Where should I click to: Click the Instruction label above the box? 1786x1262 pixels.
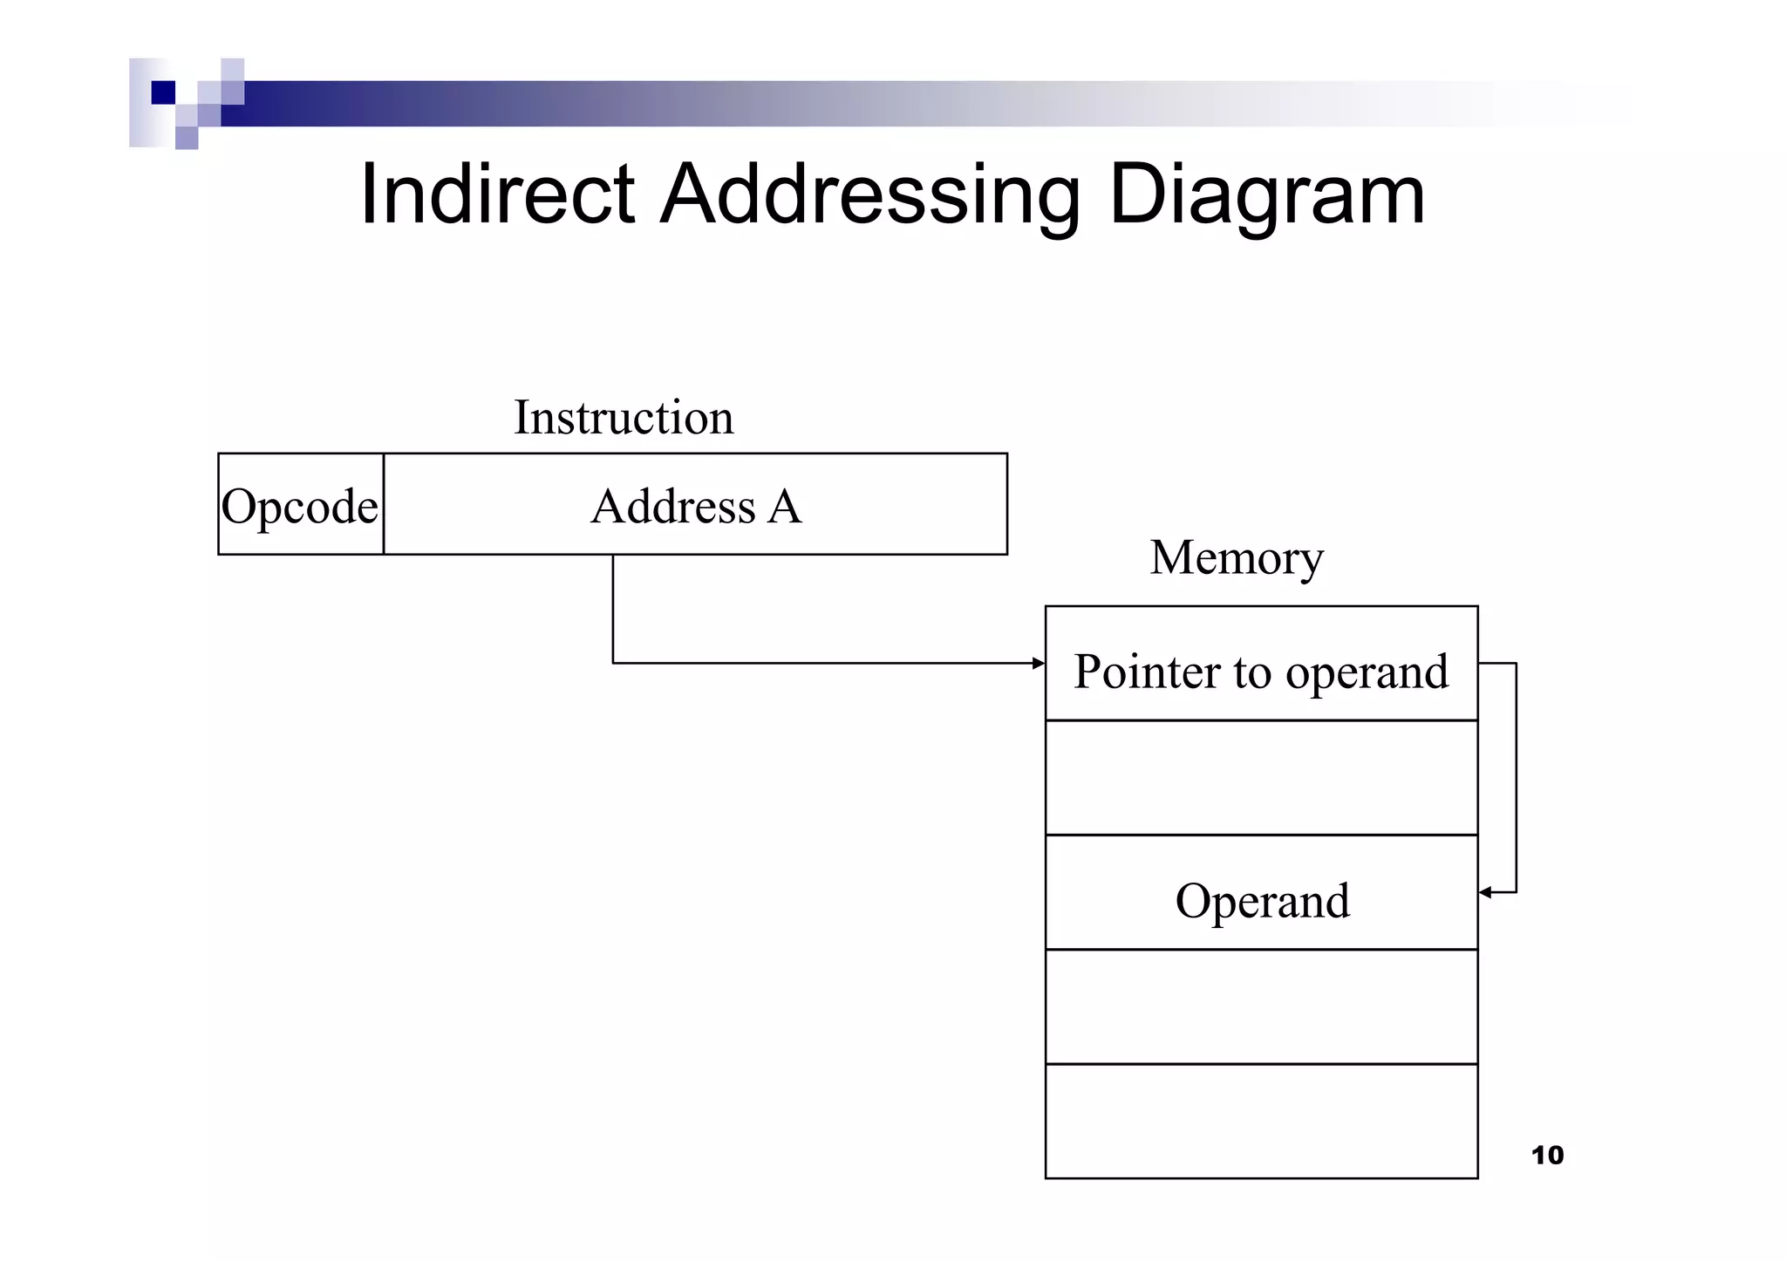pos(623,418)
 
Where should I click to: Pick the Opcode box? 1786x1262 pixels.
pos(300,505)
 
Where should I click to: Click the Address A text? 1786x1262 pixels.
pos(695,506)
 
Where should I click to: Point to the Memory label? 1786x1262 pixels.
pos(1236,557)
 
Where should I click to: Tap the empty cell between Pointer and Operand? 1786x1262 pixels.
pos(1261,778)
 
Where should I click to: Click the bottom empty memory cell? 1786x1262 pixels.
pos(1261,1122)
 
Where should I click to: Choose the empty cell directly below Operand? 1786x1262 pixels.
pos(1261,1006)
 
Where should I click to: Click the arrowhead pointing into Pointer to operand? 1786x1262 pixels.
pos(1038,664)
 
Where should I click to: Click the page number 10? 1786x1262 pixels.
pos(1547,1156)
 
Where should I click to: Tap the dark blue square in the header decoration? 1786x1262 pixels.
pos(163,92)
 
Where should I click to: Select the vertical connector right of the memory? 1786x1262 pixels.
pos(1517,776)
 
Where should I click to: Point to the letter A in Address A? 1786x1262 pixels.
pos(784,506)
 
